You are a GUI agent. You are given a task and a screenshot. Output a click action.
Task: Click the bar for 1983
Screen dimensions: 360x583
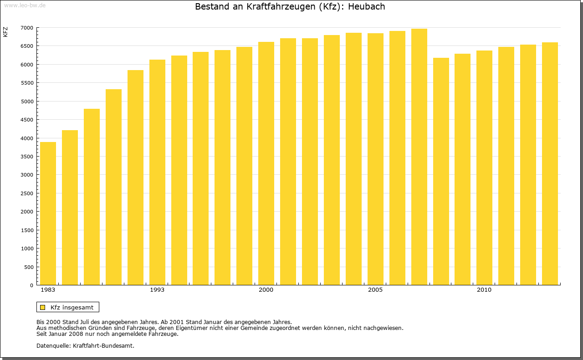(x=48, y=213)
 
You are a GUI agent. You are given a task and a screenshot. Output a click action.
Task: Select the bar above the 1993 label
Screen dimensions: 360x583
(x=157, y=172)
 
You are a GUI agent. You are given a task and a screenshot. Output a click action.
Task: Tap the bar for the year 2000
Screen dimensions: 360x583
(x=266, y=163)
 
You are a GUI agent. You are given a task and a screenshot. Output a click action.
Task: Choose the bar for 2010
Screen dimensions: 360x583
(x=484, y=168)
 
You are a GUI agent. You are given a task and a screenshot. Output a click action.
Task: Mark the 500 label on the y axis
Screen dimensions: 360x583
(x=29, y=267)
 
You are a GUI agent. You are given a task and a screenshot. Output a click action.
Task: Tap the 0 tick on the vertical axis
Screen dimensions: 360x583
(x=31, y=285)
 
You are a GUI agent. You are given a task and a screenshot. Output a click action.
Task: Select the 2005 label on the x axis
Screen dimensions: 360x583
(x=375, y=290)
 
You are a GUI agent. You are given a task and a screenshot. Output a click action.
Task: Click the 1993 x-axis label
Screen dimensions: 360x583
(x=157, y=290)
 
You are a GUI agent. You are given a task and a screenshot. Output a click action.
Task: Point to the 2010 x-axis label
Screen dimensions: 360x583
(x=484, y=290)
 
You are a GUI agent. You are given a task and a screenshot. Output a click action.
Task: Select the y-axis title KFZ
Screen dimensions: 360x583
(x=5, y=32)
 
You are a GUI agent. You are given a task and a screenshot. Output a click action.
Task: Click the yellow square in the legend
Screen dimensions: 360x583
(x=43, y=307)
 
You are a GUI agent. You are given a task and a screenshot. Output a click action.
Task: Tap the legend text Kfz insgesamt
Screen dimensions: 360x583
(x=72, y=307)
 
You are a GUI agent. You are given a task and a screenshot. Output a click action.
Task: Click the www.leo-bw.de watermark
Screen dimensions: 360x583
(x=24, y=5)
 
